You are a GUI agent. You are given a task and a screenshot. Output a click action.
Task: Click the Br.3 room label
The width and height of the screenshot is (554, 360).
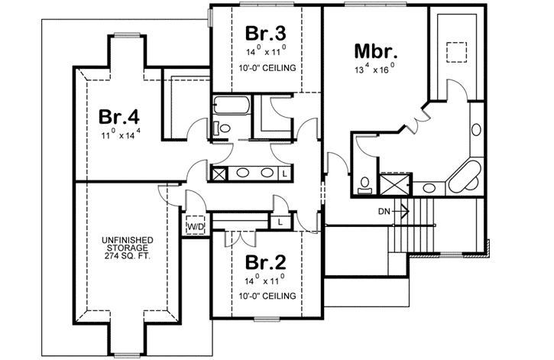[x=265, y=34]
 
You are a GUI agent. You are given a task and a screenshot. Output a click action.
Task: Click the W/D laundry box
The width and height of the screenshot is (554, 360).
[x=196, y=227]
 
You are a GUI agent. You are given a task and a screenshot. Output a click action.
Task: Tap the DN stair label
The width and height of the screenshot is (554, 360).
[x=384, y=211]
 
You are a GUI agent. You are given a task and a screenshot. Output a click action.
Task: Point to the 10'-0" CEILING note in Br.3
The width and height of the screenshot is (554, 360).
[x=265, y=67]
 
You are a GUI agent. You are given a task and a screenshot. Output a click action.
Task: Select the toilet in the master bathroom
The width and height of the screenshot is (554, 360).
[x=364, y=183]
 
